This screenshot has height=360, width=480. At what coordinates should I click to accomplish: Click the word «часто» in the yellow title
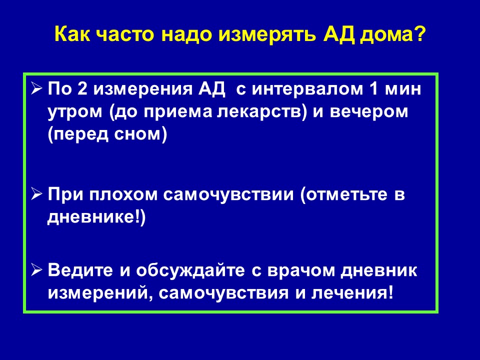point(125,34)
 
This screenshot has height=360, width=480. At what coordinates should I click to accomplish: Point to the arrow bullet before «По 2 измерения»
point(36,89)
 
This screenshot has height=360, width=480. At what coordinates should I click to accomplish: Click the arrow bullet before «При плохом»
point(36,194)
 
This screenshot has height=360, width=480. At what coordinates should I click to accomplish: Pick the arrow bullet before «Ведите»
point(36,270)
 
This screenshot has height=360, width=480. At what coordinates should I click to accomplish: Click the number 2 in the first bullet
point(82,89)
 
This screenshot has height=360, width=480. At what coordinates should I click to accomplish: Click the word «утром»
point(75,112)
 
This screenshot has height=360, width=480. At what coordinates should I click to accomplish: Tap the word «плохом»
point(123,194)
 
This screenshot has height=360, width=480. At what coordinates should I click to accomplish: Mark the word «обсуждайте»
point(190,270)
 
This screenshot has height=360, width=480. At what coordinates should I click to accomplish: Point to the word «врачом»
point(301,270)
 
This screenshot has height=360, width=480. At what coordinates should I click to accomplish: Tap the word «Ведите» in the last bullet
point(80,270)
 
